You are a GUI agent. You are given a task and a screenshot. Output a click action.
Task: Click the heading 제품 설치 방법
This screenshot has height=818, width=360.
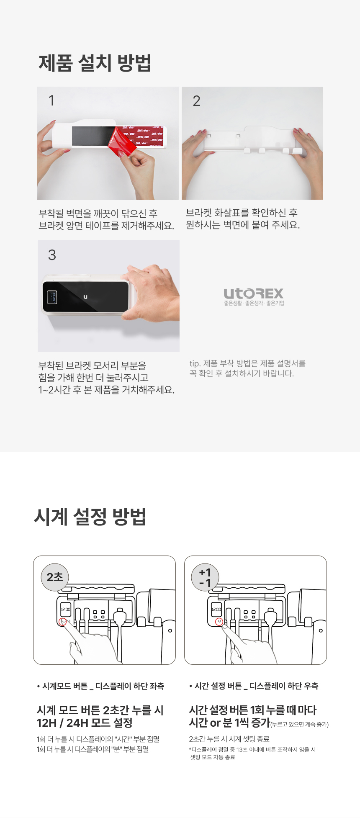pos(95,63)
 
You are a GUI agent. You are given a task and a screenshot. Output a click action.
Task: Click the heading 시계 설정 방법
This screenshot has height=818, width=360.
pos(90,517)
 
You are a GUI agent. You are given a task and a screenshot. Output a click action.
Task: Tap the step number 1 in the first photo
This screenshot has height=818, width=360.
pos(51,100)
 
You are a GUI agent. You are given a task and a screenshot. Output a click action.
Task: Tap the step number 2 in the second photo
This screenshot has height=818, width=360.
pos(196,101)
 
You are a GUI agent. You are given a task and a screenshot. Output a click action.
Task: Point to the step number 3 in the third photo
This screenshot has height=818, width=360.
pos(52,255)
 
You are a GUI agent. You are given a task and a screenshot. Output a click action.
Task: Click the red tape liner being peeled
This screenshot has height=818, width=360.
pos(123,142)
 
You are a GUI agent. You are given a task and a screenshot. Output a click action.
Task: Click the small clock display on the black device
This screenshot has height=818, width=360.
pos(52,297)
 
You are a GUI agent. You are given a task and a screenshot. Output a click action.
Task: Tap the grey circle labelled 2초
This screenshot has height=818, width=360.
pos(55,577)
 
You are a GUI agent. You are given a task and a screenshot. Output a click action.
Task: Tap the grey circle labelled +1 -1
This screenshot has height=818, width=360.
pos(205,577)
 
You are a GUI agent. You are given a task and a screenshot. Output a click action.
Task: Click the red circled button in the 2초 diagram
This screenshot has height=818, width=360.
pos(63,622)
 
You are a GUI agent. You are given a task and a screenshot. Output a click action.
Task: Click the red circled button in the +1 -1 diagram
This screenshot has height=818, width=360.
pos(219,622)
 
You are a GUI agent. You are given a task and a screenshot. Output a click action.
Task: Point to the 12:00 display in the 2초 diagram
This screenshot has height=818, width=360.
pos(66,610)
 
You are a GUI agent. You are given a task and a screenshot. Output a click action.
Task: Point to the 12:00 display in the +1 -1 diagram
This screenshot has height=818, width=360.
pos(216,610)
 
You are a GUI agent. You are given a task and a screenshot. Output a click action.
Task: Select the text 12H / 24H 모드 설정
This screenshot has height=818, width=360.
pos(85,723)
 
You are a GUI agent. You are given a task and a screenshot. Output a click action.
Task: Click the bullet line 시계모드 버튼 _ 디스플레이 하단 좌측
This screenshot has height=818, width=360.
pos(100,686)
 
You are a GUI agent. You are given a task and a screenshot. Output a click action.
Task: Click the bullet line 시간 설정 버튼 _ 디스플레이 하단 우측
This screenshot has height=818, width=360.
pos(254,686)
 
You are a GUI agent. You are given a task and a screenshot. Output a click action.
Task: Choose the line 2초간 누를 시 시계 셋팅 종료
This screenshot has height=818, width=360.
pos(229,739)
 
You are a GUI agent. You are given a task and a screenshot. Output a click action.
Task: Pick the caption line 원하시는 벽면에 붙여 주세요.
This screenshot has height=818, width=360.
pos(243,225)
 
